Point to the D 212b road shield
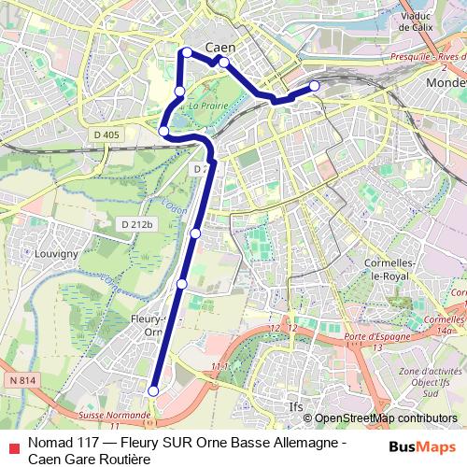pos(136,224)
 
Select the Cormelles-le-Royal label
pos(371,271)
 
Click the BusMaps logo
pos(422,448)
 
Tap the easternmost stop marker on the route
pos(314,86)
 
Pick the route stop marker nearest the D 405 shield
pos(164,131)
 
